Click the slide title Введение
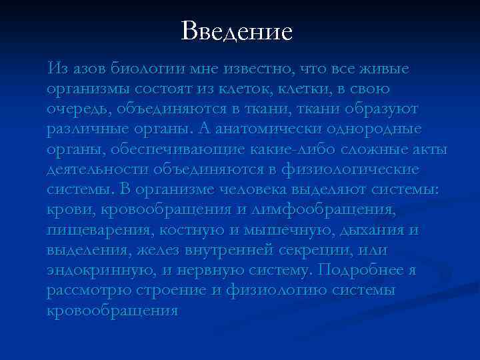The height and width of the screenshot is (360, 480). coord(237,31)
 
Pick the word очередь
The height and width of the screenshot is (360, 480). coord(78,108)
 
